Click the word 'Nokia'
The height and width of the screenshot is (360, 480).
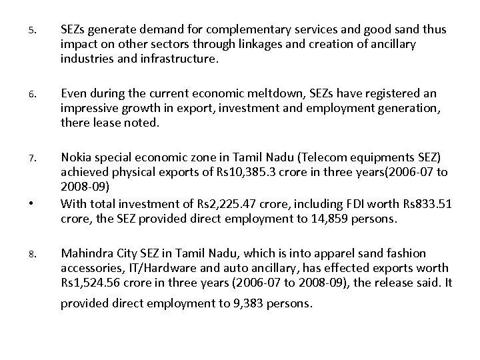(75, 158)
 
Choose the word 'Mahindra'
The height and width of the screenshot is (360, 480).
(85, 253)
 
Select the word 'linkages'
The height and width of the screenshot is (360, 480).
(265, 44)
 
